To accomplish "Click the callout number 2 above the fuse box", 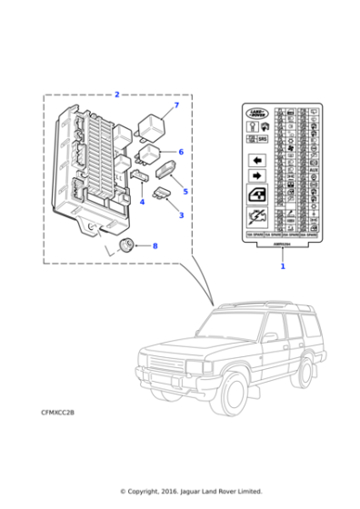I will tap(117, 95).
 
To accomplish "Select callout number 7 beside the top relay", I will tap(176, 106).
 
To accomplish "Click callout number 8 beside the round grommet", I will tap(154, 245).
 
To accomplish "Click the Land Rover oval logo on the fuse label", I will tap(257, 114).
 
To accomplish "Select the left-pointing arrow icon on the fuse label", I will tap(256, 156).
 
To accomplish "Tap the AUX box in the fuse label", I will tap(313, 170).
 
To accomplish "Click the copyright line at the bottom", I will tap(191, 491).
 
